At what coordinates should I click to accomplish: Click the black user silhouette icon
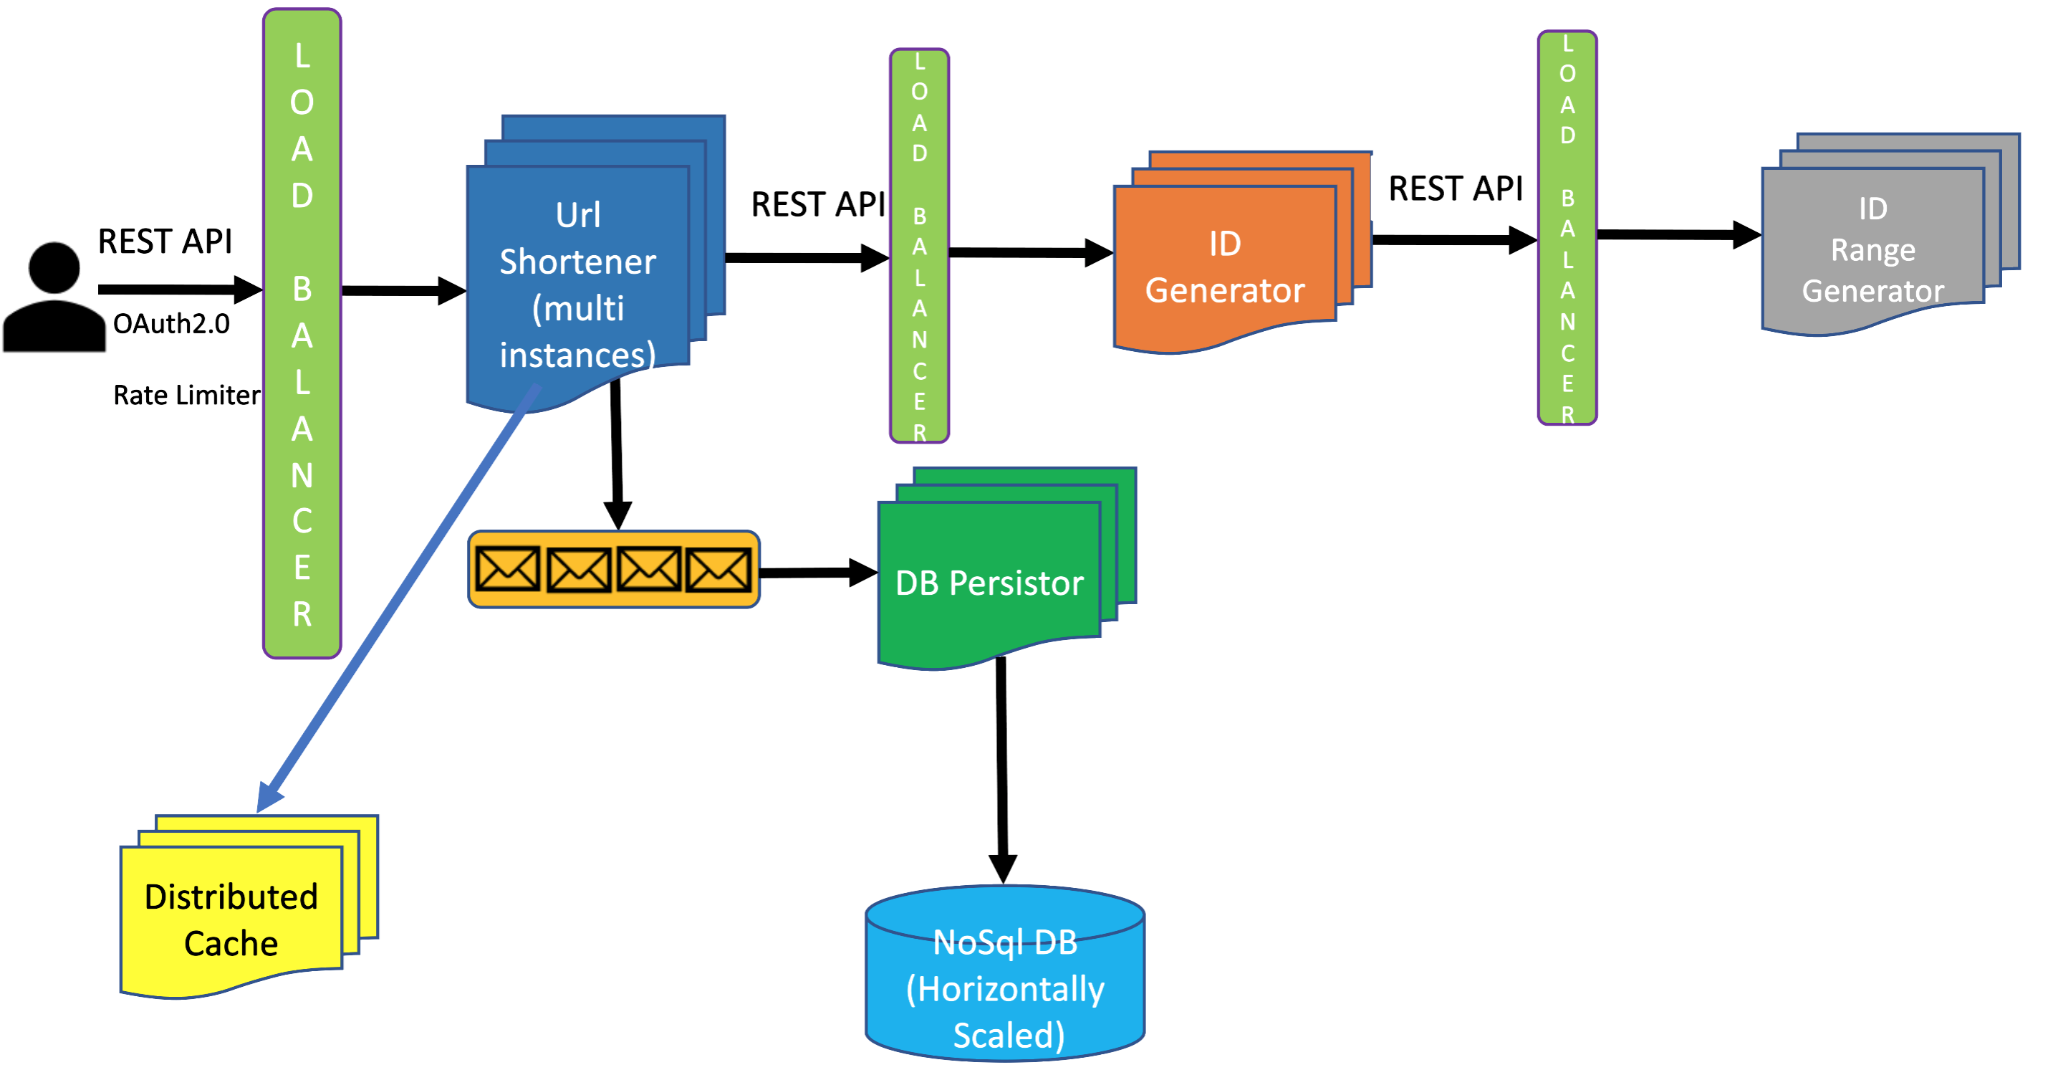54,298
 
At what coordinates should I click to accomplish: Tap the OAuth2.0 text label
171,324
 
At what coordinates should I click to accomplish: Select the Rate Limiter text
186,395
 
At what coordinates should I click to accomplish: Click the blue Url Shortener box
578,283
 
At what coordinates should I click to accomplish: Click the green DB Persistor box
989,582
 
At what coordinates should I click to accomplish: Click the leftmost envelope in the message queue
507,570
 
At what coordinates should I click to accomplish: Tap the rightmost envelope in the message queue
718,570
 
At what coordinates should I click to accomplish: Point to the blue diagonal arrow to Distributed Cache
398,598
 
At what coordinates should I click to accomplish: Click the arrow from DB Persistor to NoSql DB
1002,765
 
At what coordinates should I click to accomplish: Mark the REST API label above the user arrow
165,241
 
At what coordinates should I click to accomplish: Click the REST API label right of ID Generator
1456,189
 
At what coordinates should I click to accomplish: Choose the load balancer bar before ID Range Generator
1567,228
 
